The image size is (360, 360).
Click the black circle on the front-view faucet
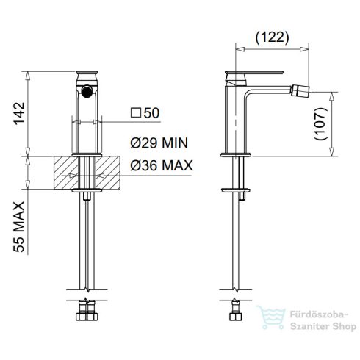87,93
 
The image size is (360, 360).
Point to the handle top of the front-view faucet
87,73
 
